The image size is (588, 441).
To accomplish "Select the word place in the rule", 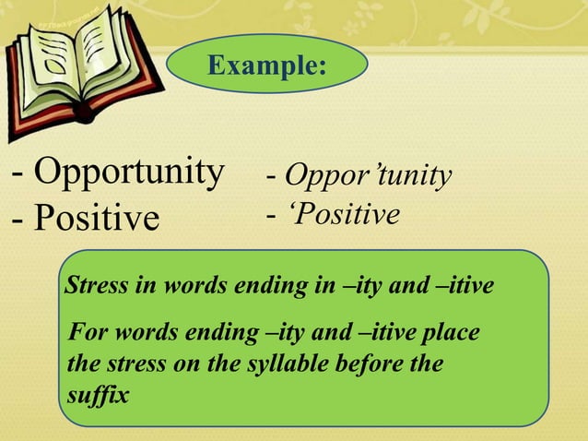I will [453, 332].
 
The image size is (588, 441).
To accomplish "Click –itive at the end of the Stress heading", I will [467, 287].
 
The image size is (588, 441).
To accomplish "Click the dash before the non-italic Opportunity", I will [18, 173].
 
